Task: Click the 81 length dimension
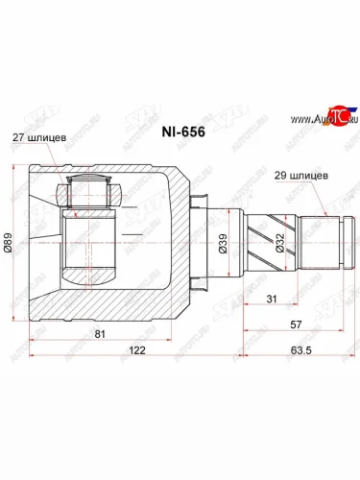click(x=101, y=335)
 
